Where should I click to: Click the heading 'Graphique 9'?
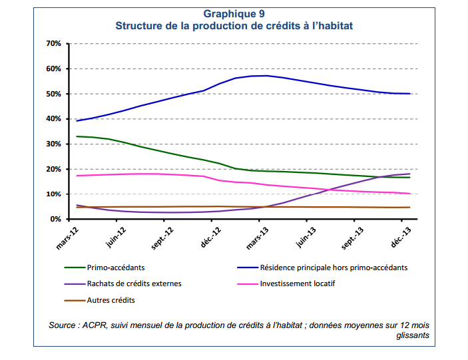coord(234,13)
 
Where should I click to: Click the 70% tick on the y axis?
coord(53,44)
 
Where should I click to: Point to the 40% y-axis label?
coord(53,119)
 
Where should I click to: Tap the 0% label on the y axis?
coord(55,219)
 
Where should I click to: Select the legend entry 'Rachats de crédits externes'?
coord(134,283)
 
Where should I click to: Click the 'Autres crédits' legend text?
coord(111,300)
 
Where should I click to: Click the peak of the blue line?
coord(267,75)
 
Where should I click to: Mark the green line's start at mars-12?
coord(77,136)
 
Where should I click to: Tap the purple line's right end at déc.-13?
coord(409,174)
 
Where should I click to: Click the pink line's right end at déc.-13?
coord(409,194)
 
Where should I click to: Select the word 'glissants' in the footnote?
coord(411,335)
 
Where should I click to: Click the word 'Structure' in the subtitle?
coord(138,26)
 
